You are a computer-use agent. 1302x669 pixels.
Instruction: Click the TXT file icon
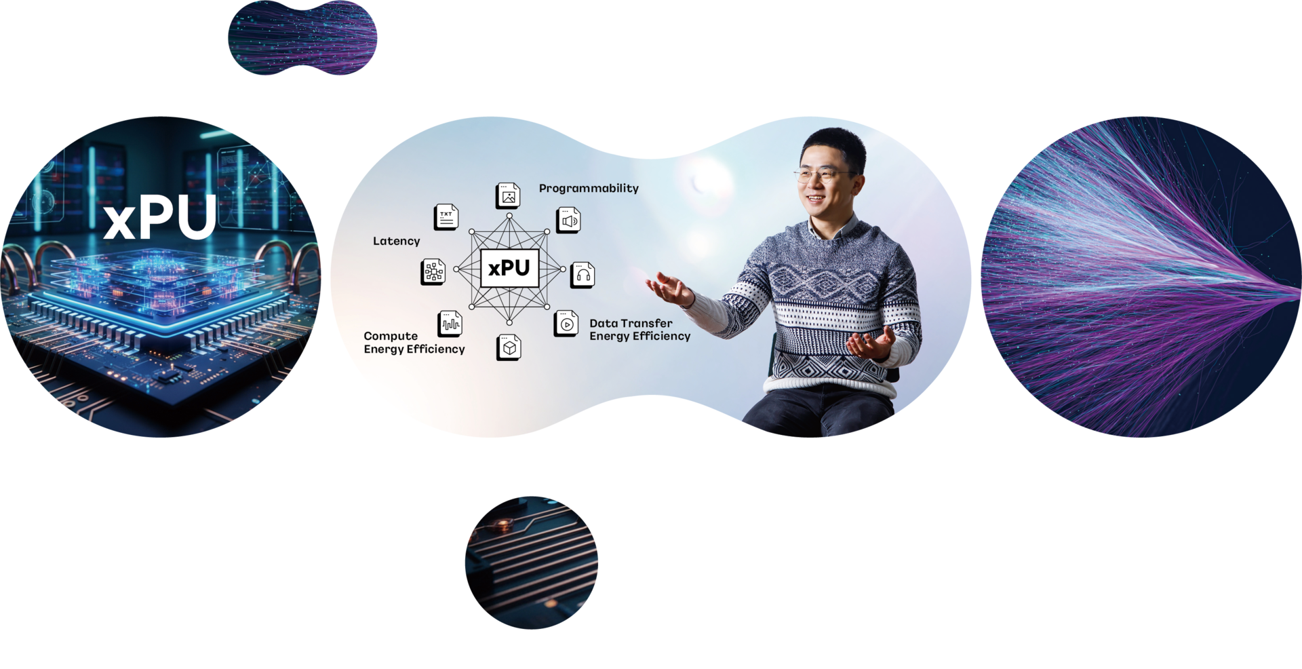(446, 217)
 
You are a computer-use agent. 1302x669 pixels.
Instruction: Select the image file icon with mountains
(508, 196)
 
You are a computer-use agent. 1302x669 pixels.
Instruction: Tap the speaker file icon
(568, 221)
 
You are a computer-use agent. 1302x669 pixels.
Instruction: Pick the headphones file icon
(583, 275)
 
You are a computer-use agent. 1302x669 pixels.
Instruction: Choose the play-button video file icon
(566, 324)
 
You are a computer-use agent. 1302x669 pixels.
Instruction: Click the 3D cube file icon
(509, 347)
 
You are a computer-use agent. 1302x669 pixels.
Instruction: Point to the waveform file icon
(450, 324)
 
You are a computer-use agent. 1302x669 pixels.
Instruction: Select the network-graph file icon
(433, 272)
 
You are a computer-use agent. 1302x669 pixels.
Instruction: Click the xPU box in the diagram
(509, 268)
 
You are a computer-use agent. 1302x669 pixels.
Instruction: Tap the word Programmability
(589, 189)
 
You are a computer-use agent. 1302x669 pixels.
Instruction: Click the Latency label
(397, 241)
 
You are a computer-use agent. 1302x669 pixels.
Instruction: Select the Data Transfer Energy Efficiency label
(639, 330)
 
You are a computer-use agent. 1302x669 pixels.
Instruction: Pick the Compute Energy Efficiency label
(414, 343)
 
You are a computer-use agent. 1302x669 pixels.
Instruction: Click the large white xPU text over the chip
(161, 218)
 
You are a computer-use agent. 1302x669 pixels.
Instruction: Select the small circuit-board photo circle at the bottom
(531, 562)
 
